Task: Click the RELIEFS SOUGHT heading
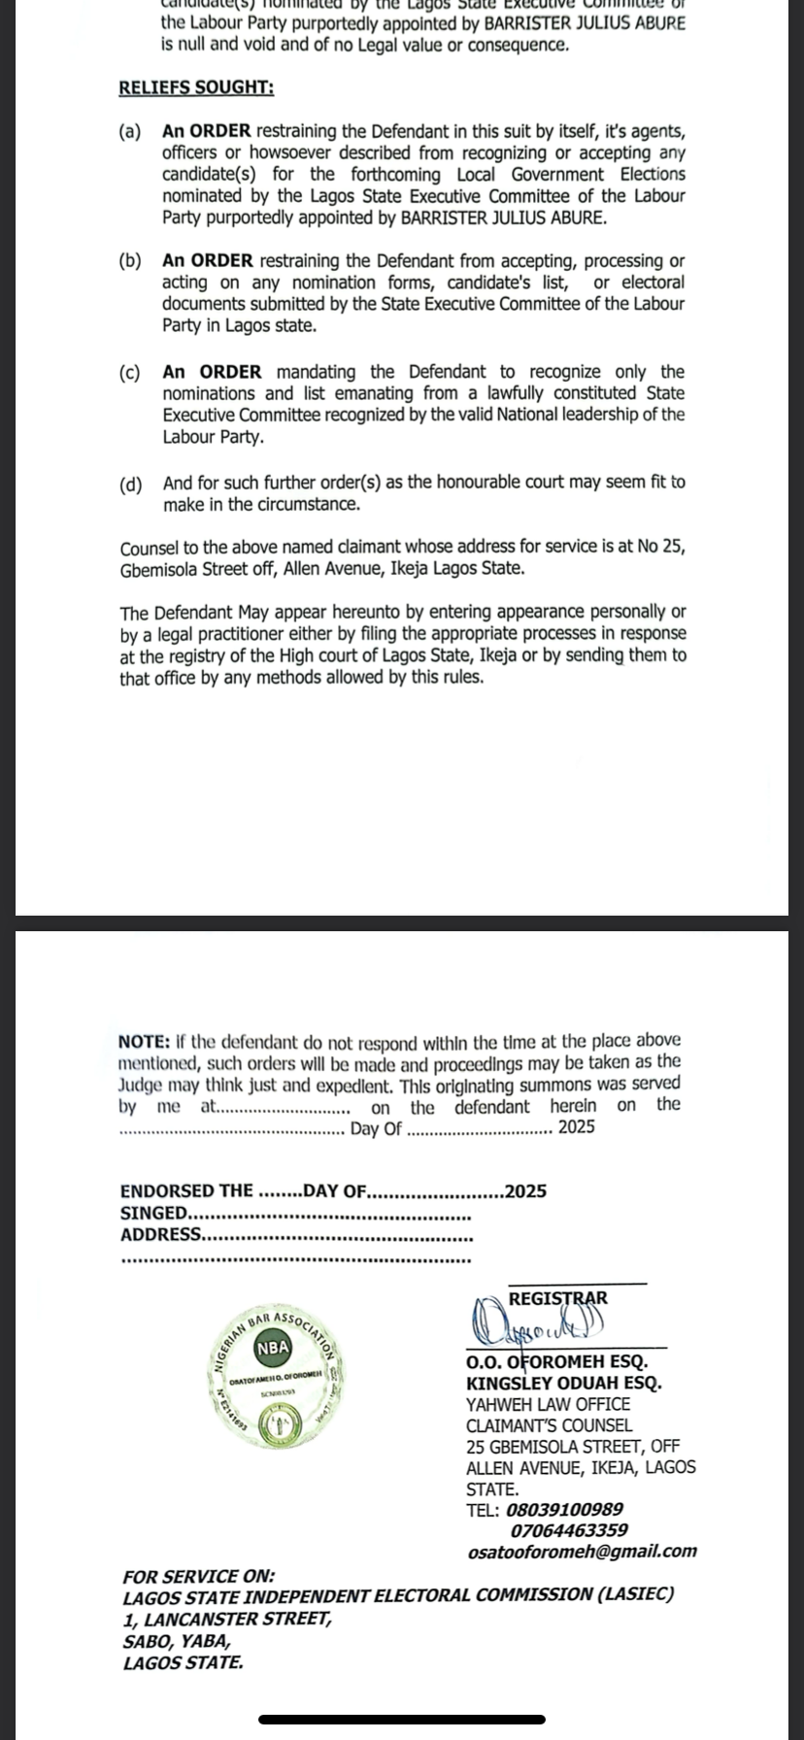(196, 87)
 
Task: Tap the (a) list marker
(130, 131)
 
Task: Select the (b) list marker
(130, 261)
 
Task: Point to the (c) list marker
(130, 372)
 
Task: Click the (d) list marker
(130, 483)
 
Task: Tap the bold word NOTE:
(145, 1041)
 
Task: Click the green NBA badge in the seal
(273, 1347)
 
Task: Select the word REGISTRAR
(558, 1298)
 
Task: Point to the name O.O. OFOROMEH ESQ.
(556, 1362)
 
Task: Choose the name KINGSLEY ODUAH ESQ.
(563, 1383)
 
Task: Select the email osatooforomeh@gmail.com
(582, 1552)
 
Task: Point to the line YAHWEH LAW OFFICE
(548, 1404)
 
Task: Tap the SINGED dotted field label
(153, 1213)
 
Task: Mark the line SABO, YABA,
(177, 1641)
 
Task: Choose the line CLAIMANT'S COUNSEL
(549, 1425)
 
